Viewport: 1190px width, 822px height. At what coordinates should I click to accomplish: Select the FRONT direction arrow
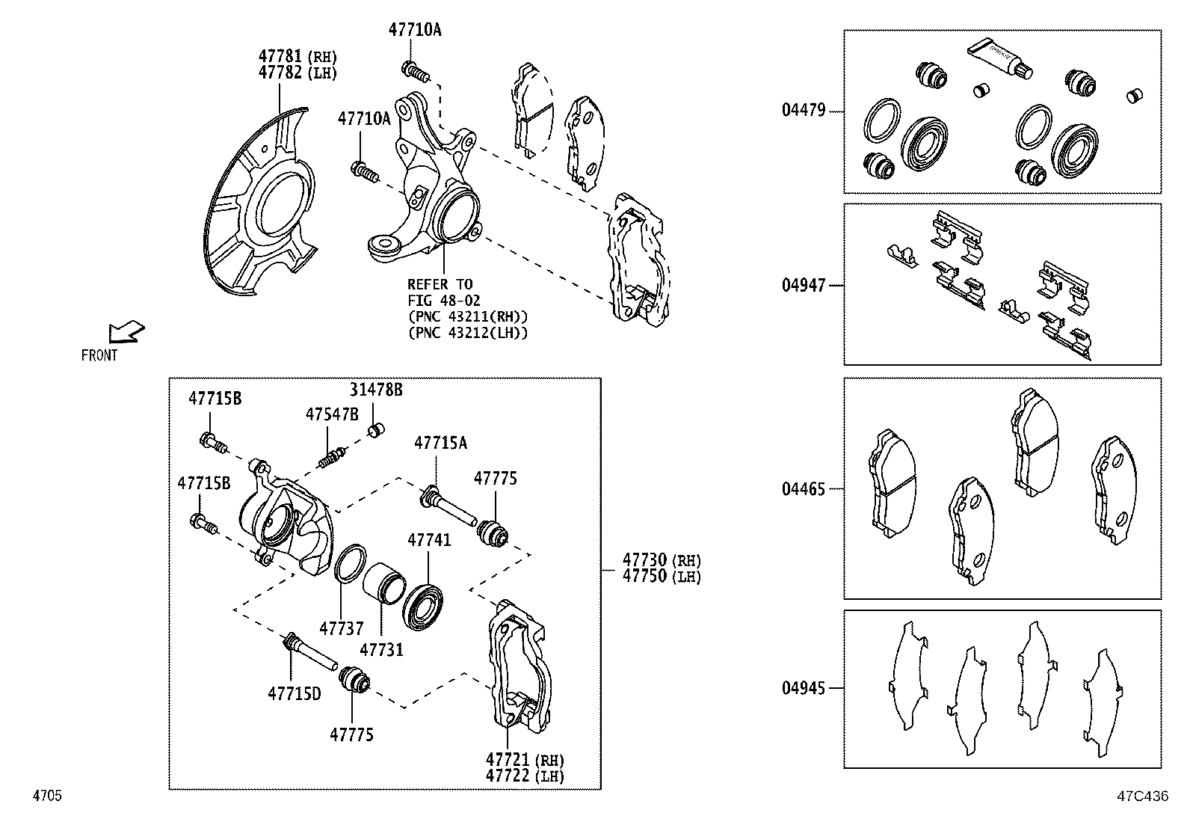click(126, 331)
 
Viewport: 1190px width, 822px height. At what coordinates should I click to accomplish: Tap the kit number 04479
click(804, 111)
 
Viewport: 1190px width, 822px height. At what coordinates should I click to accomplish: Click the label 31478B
click(376, 390)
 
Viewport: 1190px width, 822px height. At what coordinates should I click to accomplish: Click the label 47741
click(429, 539)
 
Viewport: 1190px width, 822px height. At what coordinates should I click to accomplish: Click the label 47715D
click(294, 693)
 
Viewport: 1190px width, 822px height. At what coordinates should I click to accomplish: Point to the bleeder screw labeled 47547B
click(331, 457)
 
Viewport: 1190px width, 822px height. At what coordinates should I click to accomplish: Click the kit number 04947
click(804, 285)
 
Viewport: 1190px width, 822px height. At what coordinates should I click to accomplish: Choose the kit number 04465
click(804, 489)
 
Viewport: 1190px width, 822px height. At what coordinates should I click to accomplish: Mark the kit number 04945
click(804, 688)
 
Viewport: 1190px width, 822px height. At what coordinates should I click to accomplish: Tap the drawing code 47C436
click(1142, 796)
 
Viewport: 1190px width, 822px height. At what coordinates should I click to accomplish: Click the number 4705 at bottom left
click(46, 796)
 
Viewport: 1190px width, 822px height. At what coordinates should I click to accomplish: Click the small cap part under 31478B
click(377, 430)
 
